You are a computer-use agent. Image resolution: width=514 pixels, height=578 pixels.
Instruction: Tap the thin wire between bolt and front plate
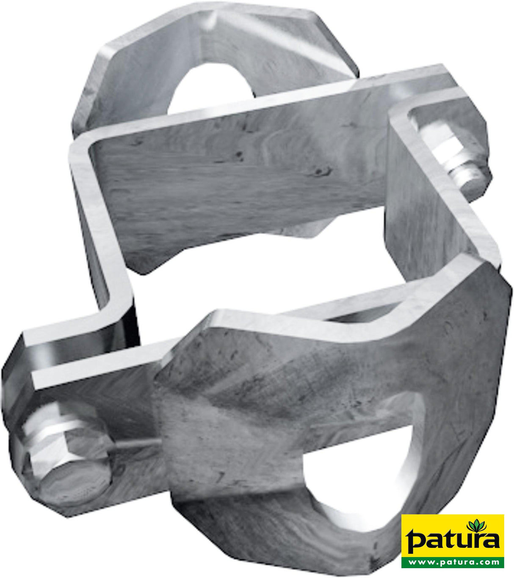[x=135, y=444]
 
